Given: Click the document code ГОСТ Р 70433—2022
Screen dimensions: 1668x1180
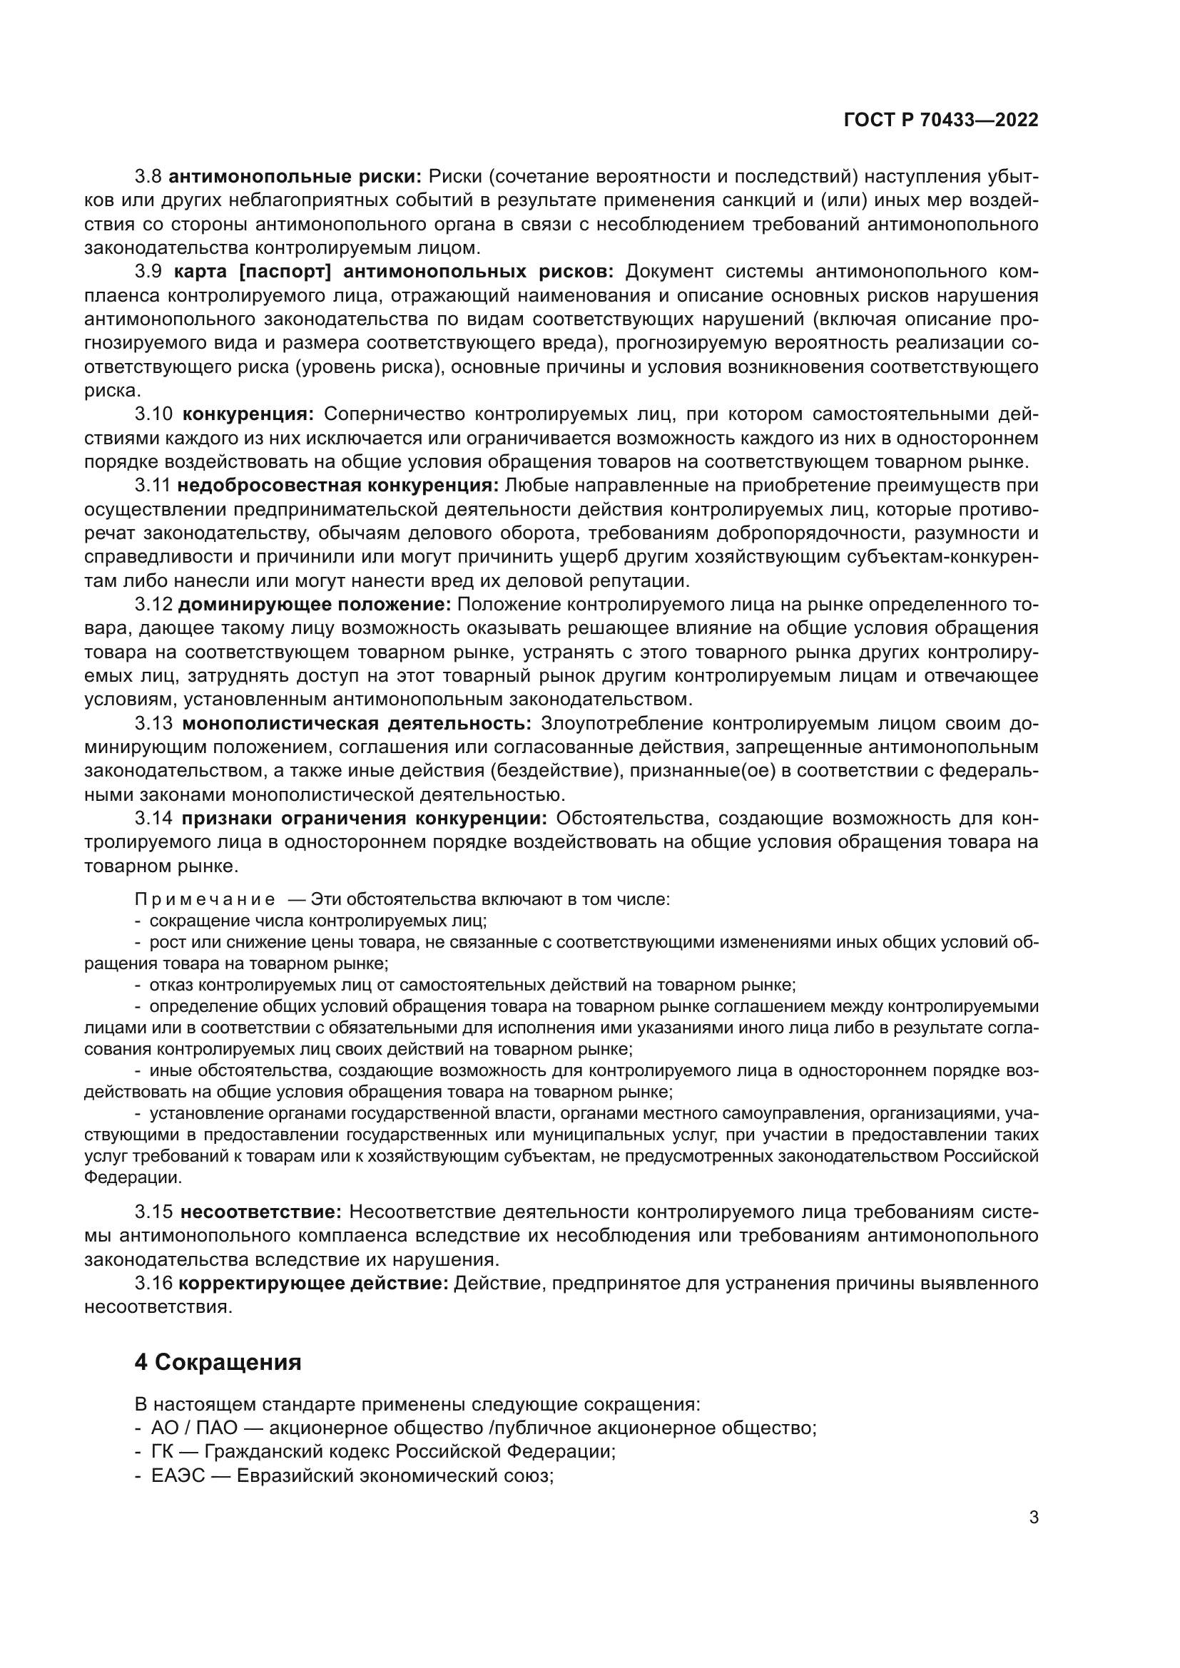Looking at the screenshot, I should pyautogui.click(x=940, y=121).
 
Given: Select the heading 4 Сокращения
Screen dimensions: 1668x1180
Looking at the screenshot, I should pyautogui.click(x=218, y=1362).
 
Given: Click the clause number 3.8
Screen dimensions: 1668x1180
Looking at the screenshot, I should pyautogui.click(x=148, y=177).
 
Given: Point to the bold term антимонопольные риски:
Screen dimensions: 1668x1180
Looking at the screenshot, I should pyautogui.click(x=295, y=177).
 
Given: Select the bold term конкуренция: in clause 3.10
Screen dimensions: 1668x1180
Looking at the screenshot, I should pyautogui.click(x=247, y=414).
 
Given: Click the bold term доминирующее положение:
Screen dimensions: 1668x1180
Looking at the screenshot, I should pyautogui.click(x=315, y=605).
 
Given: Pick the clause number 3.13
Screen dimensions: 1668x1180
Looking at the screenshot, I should pyautogui.click(x=153, y=724).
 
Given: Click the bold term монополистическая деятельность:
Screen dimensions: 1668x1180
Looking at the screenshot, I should pyautogui.click(x=357, y=724).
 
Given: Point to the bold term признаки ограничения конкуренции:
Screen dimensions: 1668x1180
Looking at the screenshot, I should pyautogui.click(x=364, y=819).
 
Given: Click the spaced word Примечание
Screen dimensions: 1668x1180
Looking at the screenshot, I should pyautogui.click(x=205, y=899).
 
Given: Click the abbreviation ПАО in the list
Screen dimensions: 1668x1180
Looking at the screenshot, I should pyautogui.click(x=217, y=1428).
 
